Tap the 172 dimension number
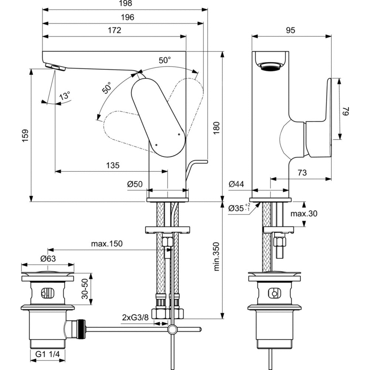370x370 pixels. pos(114,30)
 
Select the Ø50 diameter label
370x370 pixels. pos(135,184)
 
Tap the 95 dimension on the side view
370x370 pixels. pos(290,30)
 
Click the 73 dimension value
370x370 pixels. pos(302,172)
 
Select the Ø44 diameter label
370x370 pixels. pos(236,184)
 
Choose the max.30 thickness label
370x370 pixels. pos(303,213)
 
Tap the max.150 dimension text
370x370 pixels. pos(107,244)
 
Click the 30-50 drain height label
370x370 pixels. pos(85,289)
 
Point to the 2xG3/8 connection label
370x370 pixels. pos(135,317)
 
